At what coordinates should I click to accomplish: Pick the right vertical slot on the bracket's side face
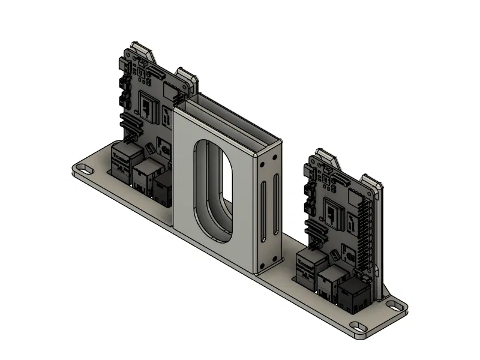click(x=275, y=204)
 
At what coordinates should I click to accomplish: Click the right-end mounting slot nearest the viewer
click(x=359, y=327)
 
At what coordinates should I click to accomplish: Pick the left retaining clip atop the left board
click(x=142, y=50)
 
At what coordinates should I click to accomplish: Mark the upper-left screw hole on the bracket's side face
click(x=262, y=163)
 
